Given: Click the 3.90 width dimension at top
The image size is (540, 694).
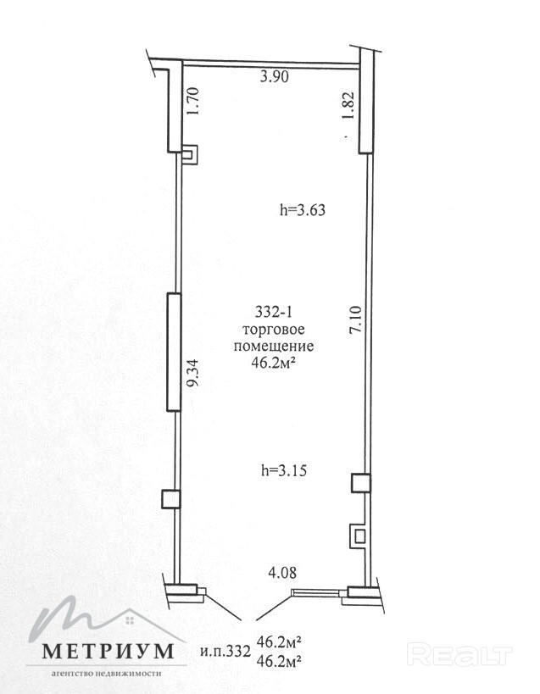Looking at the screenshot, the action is coord(275,76).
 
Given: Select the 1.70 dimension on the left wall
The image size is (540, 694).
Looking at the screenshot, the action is coord(193,101).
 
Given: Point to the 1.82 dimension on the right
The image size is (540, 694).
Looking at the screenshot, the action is coord(348,105).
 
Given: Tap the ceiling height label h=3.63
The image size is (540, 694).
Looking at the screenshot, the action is coord(303,209).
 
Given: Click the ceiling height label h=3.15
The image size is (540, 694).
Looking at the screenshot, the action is coord(284,470).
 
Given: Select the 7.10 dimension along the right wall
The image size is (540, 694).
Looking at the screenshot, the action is coord(356,319).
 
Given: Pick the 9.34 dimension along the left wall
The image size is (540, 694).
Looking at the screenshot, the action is coord(193,373).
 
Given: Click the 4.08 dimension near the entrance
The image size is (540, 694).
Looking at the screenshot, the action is coord(282,572).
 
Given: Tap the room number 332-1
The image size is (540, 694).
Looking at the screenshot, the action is coord(274,312).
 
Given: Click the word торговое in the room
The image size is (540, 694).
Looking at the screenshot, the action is coord(274,330).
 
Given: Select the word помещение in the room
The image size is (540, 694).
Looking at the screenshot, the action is coord(274,346).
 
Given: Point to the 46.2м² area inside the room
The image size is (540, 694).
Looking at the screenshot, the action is coord(273,363).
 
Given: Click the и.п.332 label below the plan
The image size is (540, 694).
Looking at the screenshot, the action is coord(225,651).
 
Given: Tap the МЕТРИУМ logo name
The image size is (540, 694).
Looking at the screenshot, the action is coord(108,651).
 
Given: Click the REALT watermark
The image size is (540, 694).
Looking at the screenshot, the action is coord(459,655).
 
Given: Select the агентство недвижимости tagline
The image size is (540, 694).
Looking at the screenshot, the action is coord(106,674).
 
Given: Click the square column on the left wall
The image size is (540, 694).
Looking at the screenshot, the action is coord(170,499).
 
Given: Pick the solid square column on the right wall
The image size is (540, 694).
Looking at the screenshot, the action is coord(361,483).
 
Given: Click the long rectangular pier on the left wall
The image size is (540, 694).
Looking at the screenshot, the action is coord(174,353).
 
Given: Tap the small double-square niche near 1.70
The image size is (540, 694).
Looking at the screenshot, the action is coord(191,155).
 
